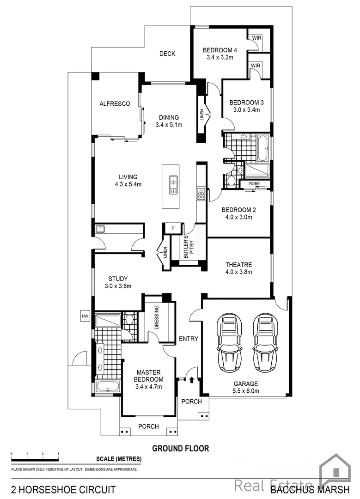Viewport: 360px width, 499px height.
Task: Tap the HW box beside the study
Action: (85, 316)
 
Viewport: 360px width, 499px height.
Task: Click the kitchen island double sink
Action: (174, 184)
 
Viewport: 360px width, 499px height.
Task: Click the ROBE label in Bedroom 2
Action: (254, 184)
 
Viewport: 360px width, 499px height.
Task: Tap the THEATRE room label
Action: (238, 265)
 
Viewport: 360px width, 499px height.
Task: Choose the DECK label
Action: (167, 54)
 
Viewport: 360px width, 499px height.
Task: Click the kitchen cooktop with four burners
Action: (201, 194)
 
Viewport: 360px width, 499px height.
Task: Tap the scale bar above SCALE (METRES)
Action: (35, 459)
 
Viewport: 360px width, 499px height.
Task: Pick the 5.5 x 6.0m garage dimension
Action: (245, 391)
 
